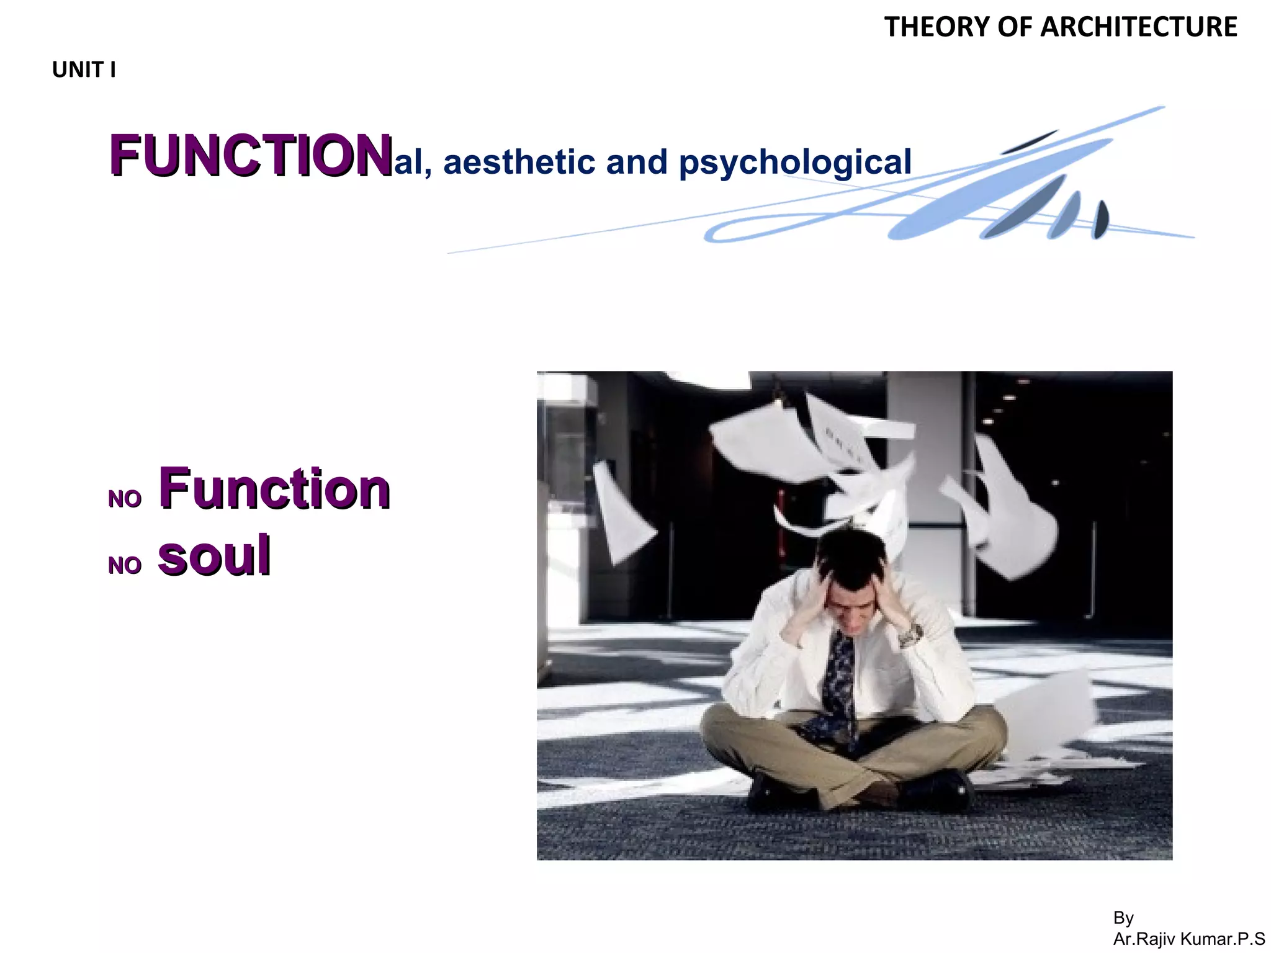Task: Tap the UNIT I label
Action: click(84, 70)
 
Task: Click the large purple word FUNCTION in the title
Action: click(251, 156)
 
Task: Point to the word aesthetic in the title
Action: click(519, 162)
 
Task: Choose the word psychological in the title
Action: click(795, 163)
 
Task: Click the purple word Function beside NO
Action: click(274, 489)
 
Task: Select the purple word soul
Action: click(214, 555)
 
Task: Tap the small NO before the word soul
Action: click(125, 566)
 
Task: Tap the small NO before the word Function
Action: click(125, 499)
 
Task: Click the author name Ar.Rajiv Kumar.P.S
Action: click(1188, 939)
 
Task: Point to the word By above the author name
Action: click(1123, 918)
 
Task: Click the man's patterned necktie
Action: click(839, 682)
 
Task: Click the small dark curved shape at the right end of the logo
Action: click(1100, 220)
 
